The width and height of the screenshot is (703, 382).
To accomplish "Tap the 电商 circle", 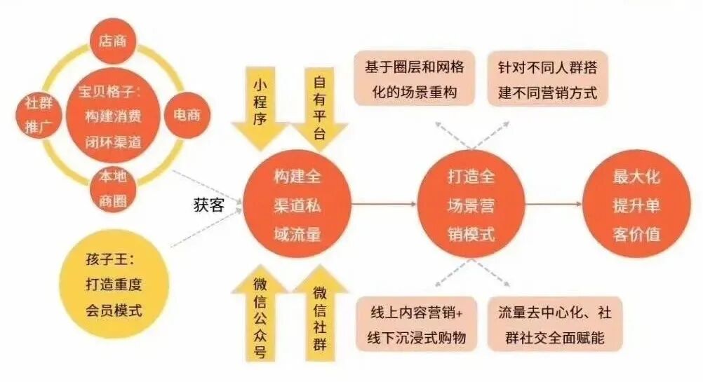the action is (182, 114).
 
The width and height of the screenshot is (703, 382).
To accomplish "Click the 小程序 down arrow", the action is (262, 105).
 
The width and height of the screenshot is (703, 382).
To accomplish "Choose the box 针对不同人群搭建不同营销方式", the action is (547, 79).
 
